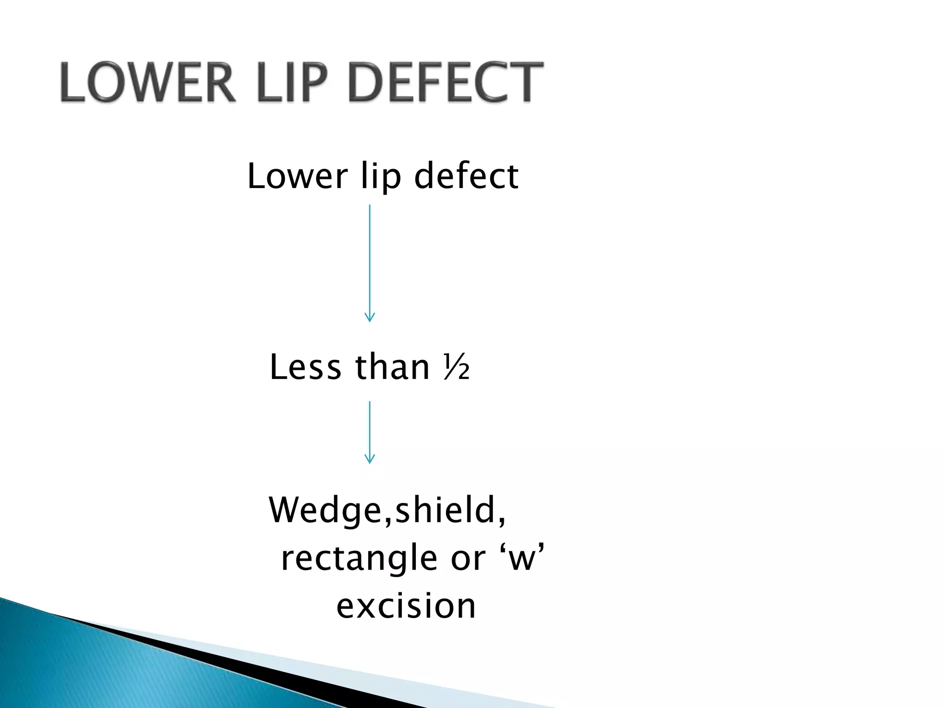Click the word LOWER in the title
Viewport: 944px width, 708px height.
point(146,83)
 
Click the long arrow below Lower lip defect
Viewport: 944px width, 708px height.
point(370,258)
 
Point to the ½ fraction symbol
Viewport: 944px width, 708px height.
point(457,368)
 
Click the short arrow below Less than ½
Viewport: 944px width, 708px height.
point(370,429)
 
